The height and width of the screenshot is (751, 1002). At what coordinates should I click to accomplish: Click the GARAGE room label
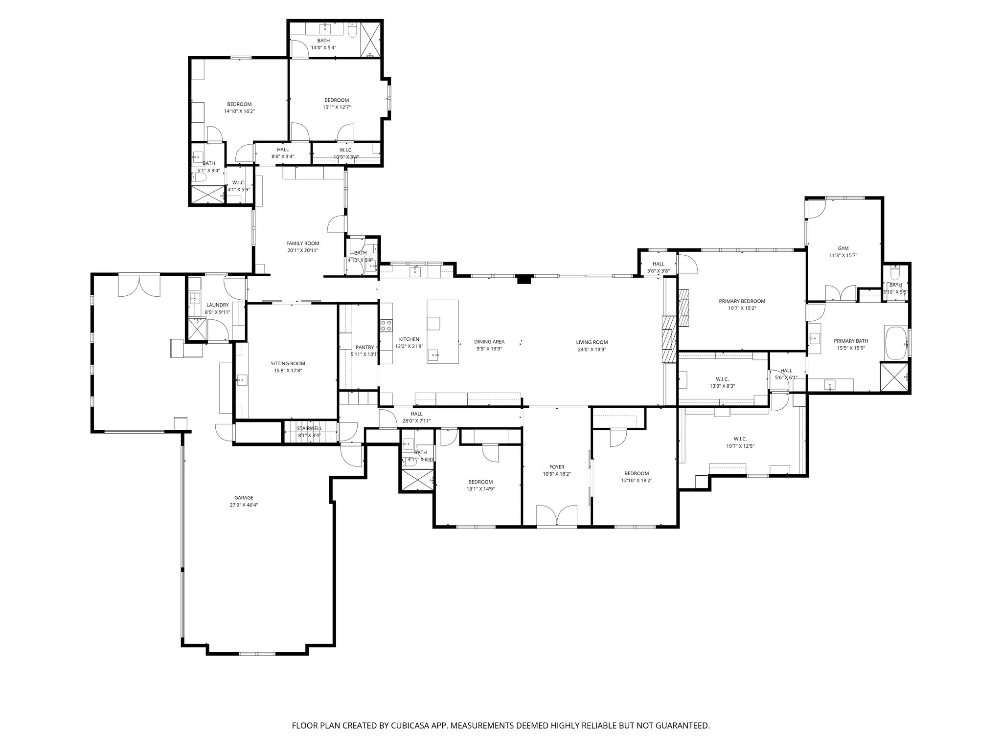coord(243,498)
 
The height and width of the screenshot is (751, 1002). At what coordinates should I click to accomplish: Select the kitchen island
coord(442,331)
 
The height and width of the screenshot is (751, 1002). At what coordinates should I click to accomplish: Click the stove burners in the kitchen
coord(386,325)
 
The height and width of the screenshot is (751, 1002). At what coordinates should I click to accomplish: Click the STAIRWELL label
coord(310,428)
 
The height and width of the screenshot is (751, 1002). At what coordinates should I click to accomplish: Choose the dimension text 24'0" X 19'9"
coord(592,349)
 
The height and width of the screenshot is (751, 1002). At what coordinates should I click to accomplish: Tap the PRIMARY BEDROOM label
coord(742,301)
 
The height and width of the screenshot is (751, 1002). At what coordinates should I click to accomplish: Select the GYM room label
coord(843,248)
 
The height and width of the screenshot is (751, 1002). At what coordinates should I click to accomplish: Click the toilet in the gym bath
coord(895,272)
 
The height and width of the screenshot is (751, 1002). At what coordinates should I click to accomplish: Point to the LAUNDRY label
coord(217,305)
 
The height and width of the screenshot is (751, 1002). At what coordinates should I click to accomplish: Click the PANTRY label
coord(364,347)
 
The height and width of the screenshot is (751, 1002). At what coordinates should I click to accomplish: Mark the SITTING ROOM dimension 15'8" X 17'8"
coord(288,371)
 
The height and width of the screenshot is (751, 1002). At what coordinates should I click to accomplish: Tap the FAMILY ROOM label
coord(302,243)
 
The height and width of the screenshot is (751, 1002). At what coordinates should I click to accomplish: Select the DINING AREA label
coord(489,342)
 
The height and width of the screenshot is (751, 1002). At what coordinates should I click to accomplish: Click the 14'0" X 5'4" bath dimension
coord(323,48)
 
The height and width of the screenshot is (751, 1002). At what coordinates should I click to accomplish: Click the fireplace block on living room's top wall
coord(524,280)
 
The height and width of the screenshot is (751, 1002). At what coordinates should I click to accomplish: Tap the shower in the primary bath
coord(894,377)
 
